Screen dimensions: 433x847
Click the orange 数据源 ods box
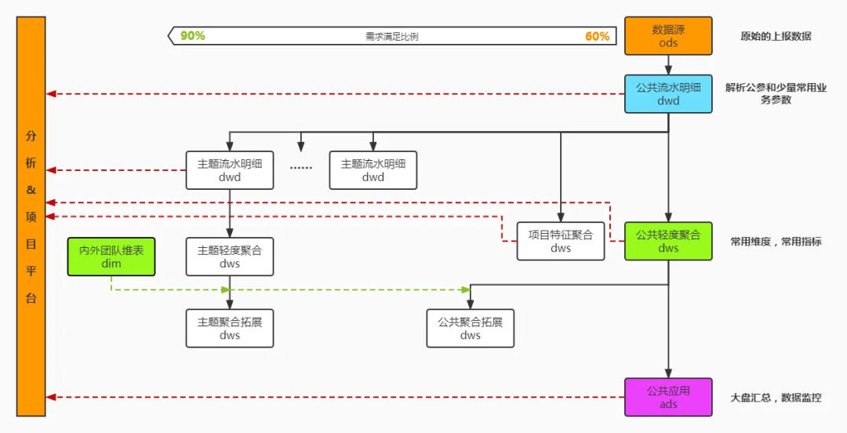coord(668,36)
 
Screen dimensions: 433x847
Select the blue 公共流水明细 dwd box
coord(668,94)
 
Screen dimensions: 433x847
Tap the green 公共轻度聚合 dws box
coord(668,241)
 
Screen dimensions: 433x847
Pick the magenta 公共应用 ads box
coord(668,397)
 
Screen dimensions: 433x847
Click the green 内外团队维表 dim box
coord(111,257)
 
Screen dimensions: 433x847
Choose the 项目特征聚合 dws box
coord(561,241)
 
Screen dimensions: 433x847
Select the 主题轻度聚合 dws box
coord(230,257)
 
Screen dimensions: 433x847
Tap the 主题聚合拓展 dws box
coord(230,328)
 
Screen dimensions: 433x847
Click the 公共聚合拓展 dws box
coord(471,328)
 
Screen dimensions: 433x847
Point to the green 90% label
coord(193,36)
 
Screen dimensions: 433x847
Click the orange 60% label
coord(597,36)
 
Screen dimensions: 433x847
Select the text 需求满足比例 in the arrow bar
coord(392,36)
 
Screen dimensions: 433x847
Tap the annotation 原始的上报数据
coord(776,36)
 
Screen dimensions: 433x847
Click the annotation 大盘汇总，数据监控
coord(776,398)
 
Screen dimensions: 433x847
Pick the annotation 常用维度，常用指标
coord(776,242)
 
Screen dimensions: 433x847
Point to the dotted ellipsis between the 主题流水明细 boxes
coord(301,167)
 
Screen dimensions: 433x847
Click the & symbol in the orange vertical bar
coord(31,190)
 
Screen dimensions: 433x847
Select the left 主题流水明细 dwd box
coord(230,170)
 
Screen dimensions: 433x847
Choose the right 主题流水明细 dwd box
coord(373,170)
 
